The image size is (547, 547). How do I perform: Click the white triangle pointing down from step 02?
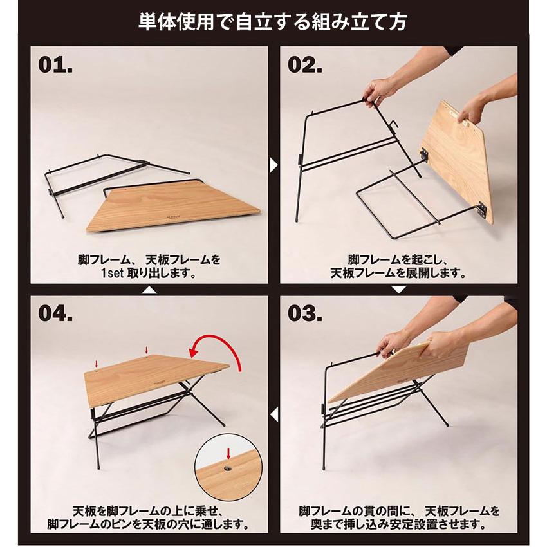tap(399, 289)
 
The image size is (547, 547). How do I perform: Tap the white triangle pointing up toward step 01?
tap(149, 290)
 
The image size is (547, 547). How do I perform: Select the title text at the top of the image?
tap(273, 23)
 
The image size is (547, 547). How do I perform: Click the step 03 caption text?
tap(399, 517)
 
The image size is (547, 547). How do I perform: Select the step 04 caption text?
tap(149, 517)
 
